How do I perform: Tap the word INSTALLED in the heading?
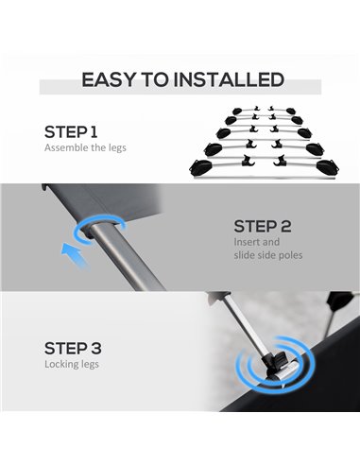click(x=229, y=79)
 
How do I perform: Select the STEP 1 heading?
click(x=71, y=132)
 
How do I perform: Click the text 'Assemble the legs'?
click(x=85, y=147)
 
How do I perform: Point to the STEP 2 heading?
click(x=263, y=226)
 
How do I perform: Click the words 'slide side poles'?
click(x=268, y=255)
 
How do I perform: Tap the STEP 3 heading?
click(x=73, y=349)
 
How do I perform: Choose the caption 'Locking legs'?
click(x=72, y=364)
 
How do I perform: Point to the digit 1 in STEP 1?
click(x=94, y=132)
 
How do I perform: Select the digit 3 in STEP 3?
click(x=96, y=349)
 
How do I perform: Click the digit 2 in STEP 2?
click(x=285, y=226)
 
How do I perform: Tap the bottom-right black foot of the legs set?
click(x=328, y=166)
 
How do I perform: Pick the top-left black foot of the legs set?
click(x=237, y=111)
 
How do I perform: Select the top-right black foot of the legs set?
click(x=291, y=111)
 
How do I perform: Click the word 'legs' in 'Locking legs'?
click(x=90, y=365)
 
